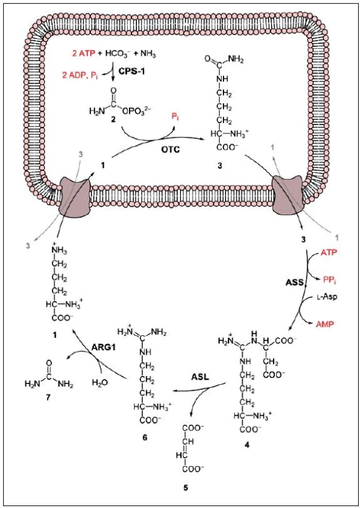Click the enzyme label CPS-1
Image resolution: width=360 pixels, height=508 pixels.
pos(132,71)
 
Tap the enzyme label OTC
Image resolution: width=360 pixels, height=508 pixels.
pos(170,150)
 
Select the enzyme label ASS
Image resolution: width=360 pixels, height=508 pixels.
pos(294,283)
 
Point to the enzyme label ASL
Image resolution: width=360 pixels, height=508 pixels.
pos(199,377)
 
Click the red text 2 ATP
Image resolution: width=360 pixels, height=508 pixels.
pos(84,54)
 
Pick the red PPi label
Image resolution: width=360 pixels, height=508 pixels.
pos(330,280)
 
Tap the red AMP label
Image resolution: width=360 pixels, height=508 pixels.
pos(325,324)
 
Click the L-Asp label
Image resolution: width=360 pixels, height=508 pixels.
pos(326,297)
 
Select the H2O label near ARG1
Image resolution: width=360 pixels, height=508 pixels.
pos(100,383)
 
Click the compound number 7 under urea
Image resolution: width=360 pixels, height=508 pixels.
pos(48,398)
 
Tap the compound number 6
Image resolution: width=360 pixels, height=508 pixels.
pos(145,438)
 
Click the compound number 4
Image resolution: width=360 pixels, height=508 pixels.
pos(247,445)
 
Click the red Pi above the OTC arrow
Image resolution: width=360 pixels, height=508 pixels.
pos(176,117)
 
